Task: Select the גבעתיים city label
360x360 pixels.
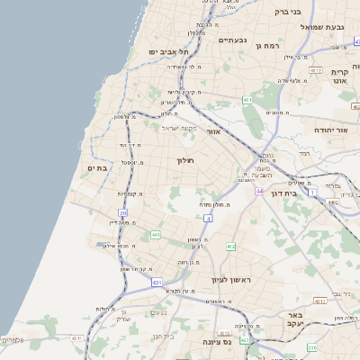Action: pos(232,40)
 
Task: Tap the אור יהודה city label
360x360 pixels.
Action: pos(330,130)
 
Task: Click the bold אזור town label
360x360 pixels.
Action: pos(213,131)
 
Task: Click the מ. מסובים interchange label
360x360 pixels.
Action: pos(277,112)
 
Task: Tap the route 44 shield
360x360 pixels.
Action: pos(258,191)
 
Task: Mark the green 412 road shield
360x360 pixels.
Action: pos(231,246)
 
